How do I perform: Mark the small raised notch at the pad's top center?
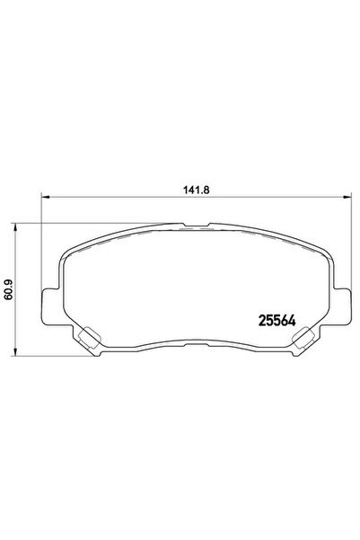(196, 226)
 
